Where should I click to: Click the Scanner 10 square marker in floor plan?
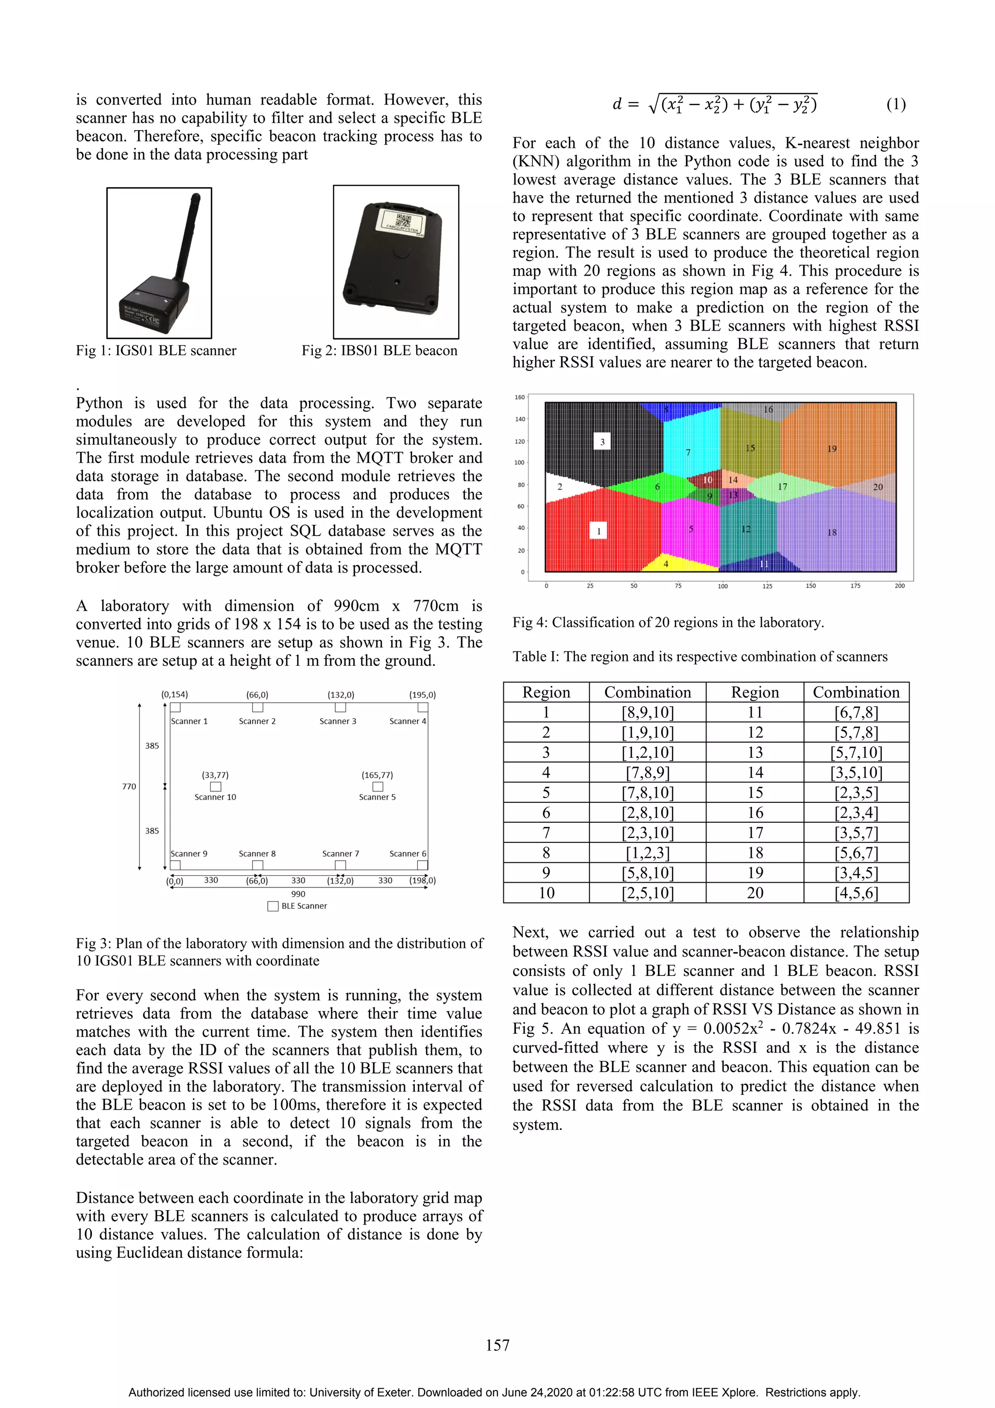coord(216,786)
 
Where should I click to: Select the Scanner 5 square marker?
coord(377,786)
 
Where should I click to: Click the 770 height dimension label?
coord(129,786)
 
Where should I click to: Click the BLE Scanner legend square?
coord(273,906)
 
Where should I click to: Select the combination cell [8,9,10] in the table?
coord(648,713)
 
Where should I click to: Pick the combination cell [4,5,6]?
coord(856,893)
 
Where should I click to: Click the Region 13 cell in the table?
coord(755,752)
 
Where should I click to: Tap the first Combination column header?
coord(648,693)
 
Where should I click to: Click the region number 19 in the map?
coord(831,449)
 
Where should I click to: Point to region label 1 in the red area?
coord(599,531)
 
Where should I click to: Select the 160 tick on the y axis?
coord(520,398)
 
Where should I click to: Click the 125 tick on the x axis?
coord(767,586)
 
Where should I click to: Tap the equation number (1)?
coord(896,104)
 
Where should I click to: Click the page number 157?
coord(497,1345)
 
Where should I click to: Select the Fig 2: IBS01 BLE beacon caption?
coord(379,351)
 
